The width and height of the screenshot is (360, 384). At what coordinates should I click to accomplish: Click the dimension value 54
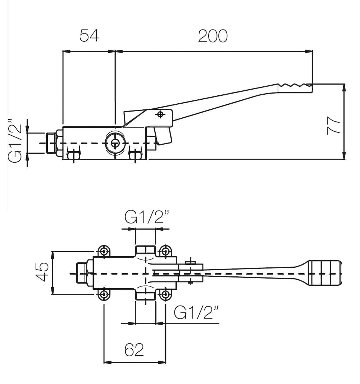89,36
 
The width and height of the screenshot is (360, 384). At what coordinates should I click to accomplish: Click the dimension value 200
213,36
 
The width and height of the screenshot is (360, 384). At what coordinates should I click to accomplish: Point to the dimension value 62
134,349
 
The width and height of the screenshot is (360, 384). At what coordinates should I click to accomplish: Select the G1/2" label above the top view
147,217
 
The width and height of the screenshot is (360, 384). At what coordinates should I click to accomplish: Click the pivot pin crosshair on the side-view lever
160,114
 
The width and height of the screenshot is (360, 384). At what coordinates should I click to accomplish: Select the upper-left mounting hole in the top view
104,250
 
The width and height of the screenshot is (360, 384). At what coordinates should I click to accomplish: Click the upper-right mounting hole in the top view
165,250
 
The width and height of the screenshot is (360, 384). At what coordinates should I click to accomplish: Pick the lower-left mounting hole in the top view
104,294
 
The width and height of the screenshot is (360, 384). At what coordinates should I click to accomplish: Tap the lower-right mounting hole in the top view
165,294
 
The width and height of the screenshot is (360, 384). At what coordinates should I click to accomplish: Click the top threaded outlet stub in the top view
145,251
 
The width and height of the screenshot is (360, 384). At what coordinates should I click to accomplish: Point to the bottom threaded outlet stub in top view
145,295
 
